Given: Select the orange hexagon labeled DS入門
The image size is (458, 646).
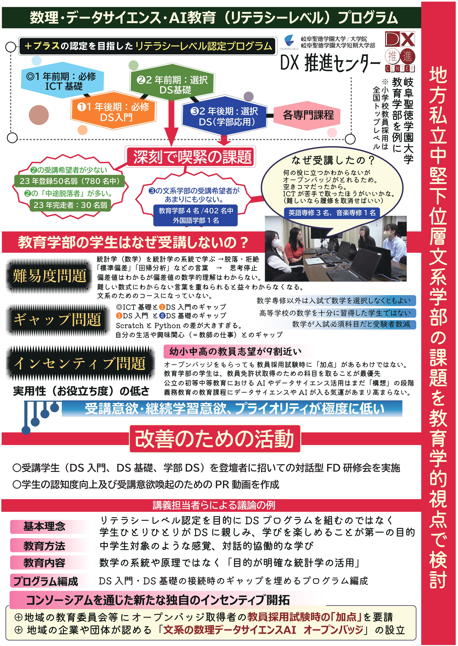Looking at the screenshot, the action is click(113, 111).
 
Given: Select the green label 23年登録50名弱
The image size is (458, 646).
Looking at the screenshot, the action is click(69, 181).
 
